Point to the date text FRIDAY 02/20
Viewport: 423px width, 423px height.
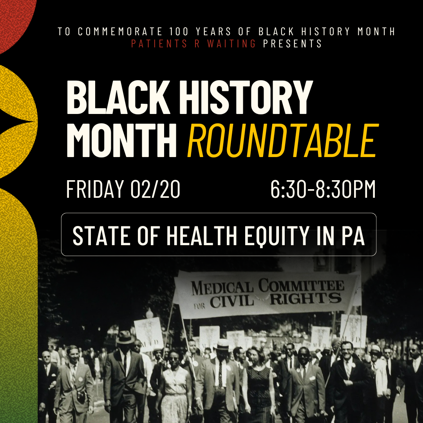point(123,190)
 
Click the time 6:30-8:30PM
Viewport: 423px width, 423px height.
point(323,190)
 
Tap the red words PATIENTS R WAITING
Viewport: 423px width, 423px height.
point(193,43)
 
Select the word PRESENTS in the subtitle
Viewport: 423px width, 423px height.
point(293,43)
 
